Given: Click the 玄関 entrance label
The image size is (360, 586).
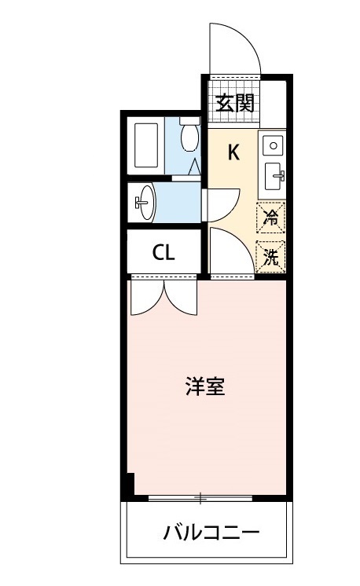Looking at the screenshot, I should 235,103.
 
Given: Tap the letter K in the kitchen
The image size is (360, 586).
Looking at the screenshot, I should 233,152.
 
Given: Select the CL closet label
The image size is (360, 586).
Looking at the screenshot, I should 163,253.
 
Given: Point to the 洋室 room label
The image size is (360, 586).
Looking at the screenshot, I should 205,386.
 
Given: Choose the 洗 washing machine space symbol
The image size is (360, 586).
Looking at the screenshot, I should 271,255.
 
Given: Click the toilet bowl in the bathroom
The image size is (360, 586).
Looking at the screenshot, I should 189,137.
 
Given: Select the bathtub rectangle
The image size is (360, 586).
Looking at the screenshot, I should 147,145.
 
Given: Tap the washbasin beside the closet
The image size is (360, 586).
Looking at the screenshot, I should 147,203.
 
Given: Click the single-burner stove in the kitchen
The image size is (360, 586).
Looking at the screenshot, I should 273,145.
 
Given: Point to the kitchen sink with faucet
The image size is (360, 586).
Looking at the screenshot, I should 274,174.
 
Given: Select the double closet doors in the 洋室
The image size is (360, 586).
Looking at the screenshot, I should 163,296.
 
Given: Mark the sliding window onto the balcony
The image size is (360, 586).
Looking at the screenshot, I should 201,498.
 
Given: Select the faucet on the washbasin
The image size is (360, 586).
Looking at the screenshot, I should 141,203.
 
